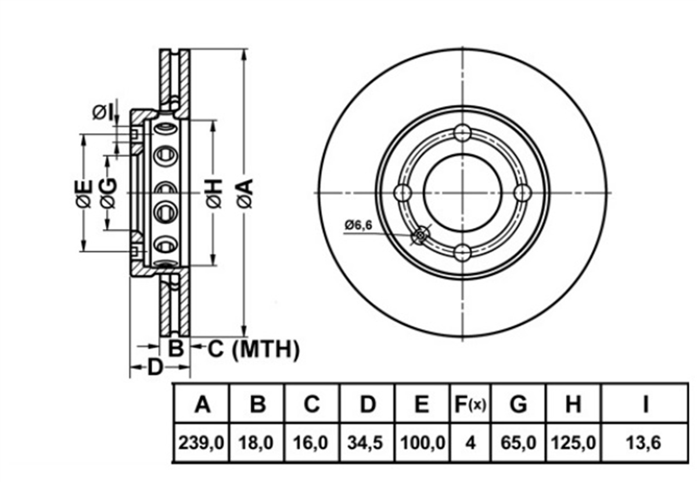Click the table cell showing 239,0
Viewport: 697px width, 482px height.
click(201, 442)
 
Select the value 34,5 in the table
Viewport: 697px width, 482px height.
click(367, 442)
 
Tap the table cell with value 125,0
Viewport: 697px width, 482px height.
click(573, 442)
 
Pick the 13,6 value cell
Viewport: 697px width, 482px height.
click(644, 442)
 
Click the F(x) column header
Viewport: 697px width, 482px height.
click(470, 404)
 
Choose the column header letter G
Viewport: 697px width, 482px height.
click(518, 404)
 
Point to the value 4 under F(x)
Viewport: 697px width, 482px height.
click(470, 442)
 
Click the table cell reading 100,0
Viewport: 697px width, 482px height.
click(423, 442)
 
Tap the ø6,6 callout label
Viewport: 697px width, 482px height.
click(358, 225)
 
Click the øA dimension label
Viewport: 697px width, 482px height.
click(245, 193)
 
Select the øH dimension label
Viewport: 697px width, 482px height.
click(214, 193)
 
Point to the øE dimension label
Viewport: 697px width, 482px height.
click(84, 193)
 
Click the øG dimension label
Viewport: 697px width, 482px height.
click(109, 193)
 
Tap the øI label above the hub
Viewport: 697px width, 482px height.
click(102, 113)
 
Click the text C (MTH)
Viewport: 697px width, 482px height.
click(253, 349)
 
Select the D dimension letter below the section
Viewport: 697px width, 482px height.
click(155, 367)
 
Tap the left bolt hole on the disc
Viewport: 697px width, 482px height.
click(403, 193)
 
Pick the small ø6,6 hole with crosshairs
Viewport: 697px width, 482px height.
click(421, 235)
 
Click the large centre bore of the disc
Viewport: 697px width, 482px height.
click(462, 193)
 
